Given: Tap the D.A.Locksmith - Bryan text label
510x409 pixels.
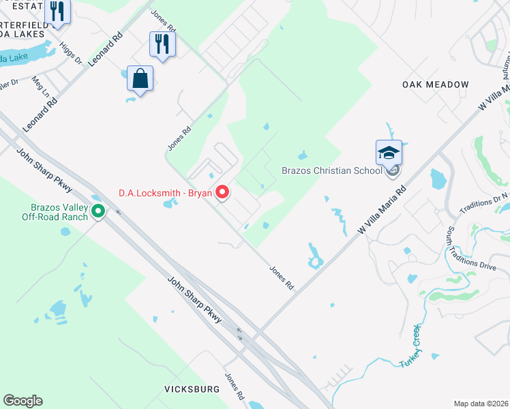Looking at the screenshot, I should point(166,193).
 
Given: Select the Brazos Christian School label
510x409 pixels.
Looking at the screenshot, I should point(332,170).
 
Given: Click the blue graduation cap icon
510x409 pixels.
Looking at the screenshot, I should point(389,153).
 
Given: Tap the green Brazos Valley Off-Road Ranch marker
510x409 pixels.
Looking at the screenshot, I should point(98,212).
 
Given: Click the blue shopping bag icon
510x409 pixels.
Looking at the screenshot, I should point(140,78).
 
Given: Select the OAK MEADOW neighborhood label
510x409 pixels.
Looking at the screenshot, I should point(435,85).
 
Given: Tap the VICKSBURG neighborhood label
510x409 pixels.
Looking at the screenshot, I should point(192,389).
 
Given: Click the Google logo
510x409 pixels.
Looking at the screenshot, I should point(22,400).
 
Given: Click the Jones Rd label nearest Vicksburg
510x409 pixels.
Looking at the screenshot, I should point(235,386).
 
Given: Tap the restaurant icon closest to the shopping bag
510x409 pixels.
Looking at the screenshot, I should point(162,44).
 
